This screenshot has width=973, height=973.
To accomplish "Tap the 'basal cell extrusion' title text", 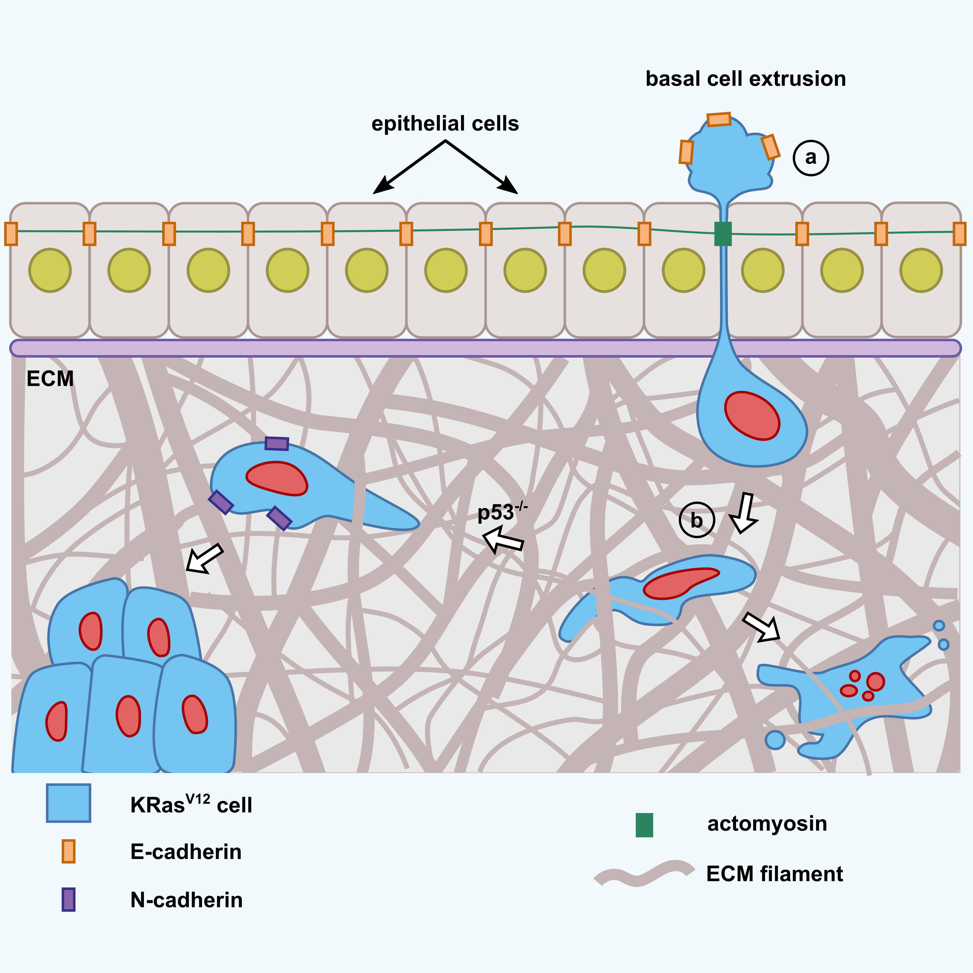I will tap(745, 79).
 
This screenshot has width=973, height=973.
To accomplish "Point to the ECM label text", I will tap(50, 379).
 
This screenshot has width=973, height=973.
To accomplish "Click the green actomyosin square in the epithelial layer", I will tap(723, 234).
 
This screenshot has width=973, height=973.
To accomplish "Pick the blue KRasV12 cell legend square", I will tap(68, 803).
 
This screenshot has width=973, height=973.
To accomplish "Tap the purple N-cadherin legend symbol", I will tap(68, 900).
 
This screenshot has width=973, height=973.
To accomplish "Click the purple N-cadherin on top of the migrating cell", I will tap(276, 443).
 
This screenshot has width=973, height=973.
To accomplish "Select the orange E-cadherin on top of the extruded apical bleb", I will tap(719, 119).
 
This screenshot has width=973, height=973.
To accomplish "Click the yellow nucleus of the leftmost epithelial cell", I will tap(50, 270).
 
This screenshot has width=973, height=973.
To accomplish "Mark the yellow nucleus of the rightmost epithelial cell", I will tap(921, 270).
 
